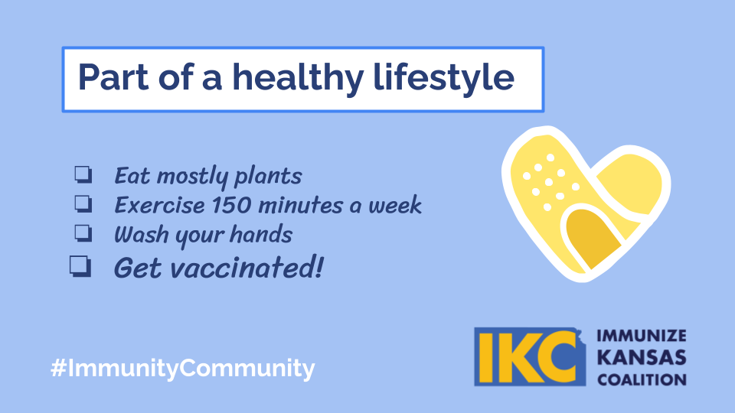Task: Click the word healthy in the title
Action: click(x=298, y=78)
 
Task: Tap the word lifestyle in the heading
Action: click(x=444, y=78)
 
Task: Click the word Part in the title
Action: click(x=113, y=76)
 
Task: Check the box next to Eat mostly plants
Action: click(x=83, y=174)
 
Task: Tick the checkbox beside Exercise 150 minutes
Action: click(x=83, y=203)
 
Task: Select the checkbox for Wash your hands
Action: click(x=83, y=233)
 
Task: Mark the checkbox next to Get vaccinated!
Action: click(x=80, y=266)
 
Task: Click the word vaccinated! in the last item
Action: click(x=247, y=268)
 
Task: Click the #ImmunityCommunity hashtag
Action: click(x=183, y=368)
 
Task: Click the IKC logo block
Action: click(x=530, y=357)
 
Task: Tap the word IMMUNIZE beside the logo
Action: click(x=642, y=336)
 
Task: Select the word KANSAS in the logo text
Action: click(x=642, y=358)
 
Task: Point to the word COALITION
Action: click(x=642, y=379)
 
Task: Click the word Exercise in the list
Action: click(x=159, y=205)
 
